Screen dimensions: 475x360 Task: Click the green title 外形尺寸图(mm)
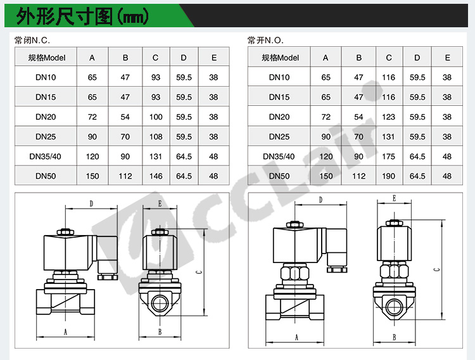coord(82,16)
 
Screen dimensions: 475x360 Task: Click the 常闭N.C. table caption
coord(32,40)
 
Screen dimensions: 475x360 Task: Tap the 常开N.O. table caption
coord(265,40)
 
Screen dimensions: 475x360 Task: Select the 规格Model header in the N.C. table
coord(47,58)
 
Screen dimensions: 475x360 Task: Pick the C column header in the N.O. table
coord(389,58)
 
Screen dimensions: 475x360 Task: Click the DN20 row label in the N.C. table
coord(46,117)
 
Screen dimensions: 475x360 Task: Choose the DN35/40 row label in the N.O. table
coord(279,157)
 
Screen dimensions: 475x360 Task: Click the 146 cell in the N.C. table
coord(156,176)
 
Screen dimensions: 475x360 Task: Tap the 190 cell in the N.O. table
coord(389,176)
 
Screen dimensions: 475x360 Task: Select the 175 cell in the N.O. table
coord(389,157)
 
